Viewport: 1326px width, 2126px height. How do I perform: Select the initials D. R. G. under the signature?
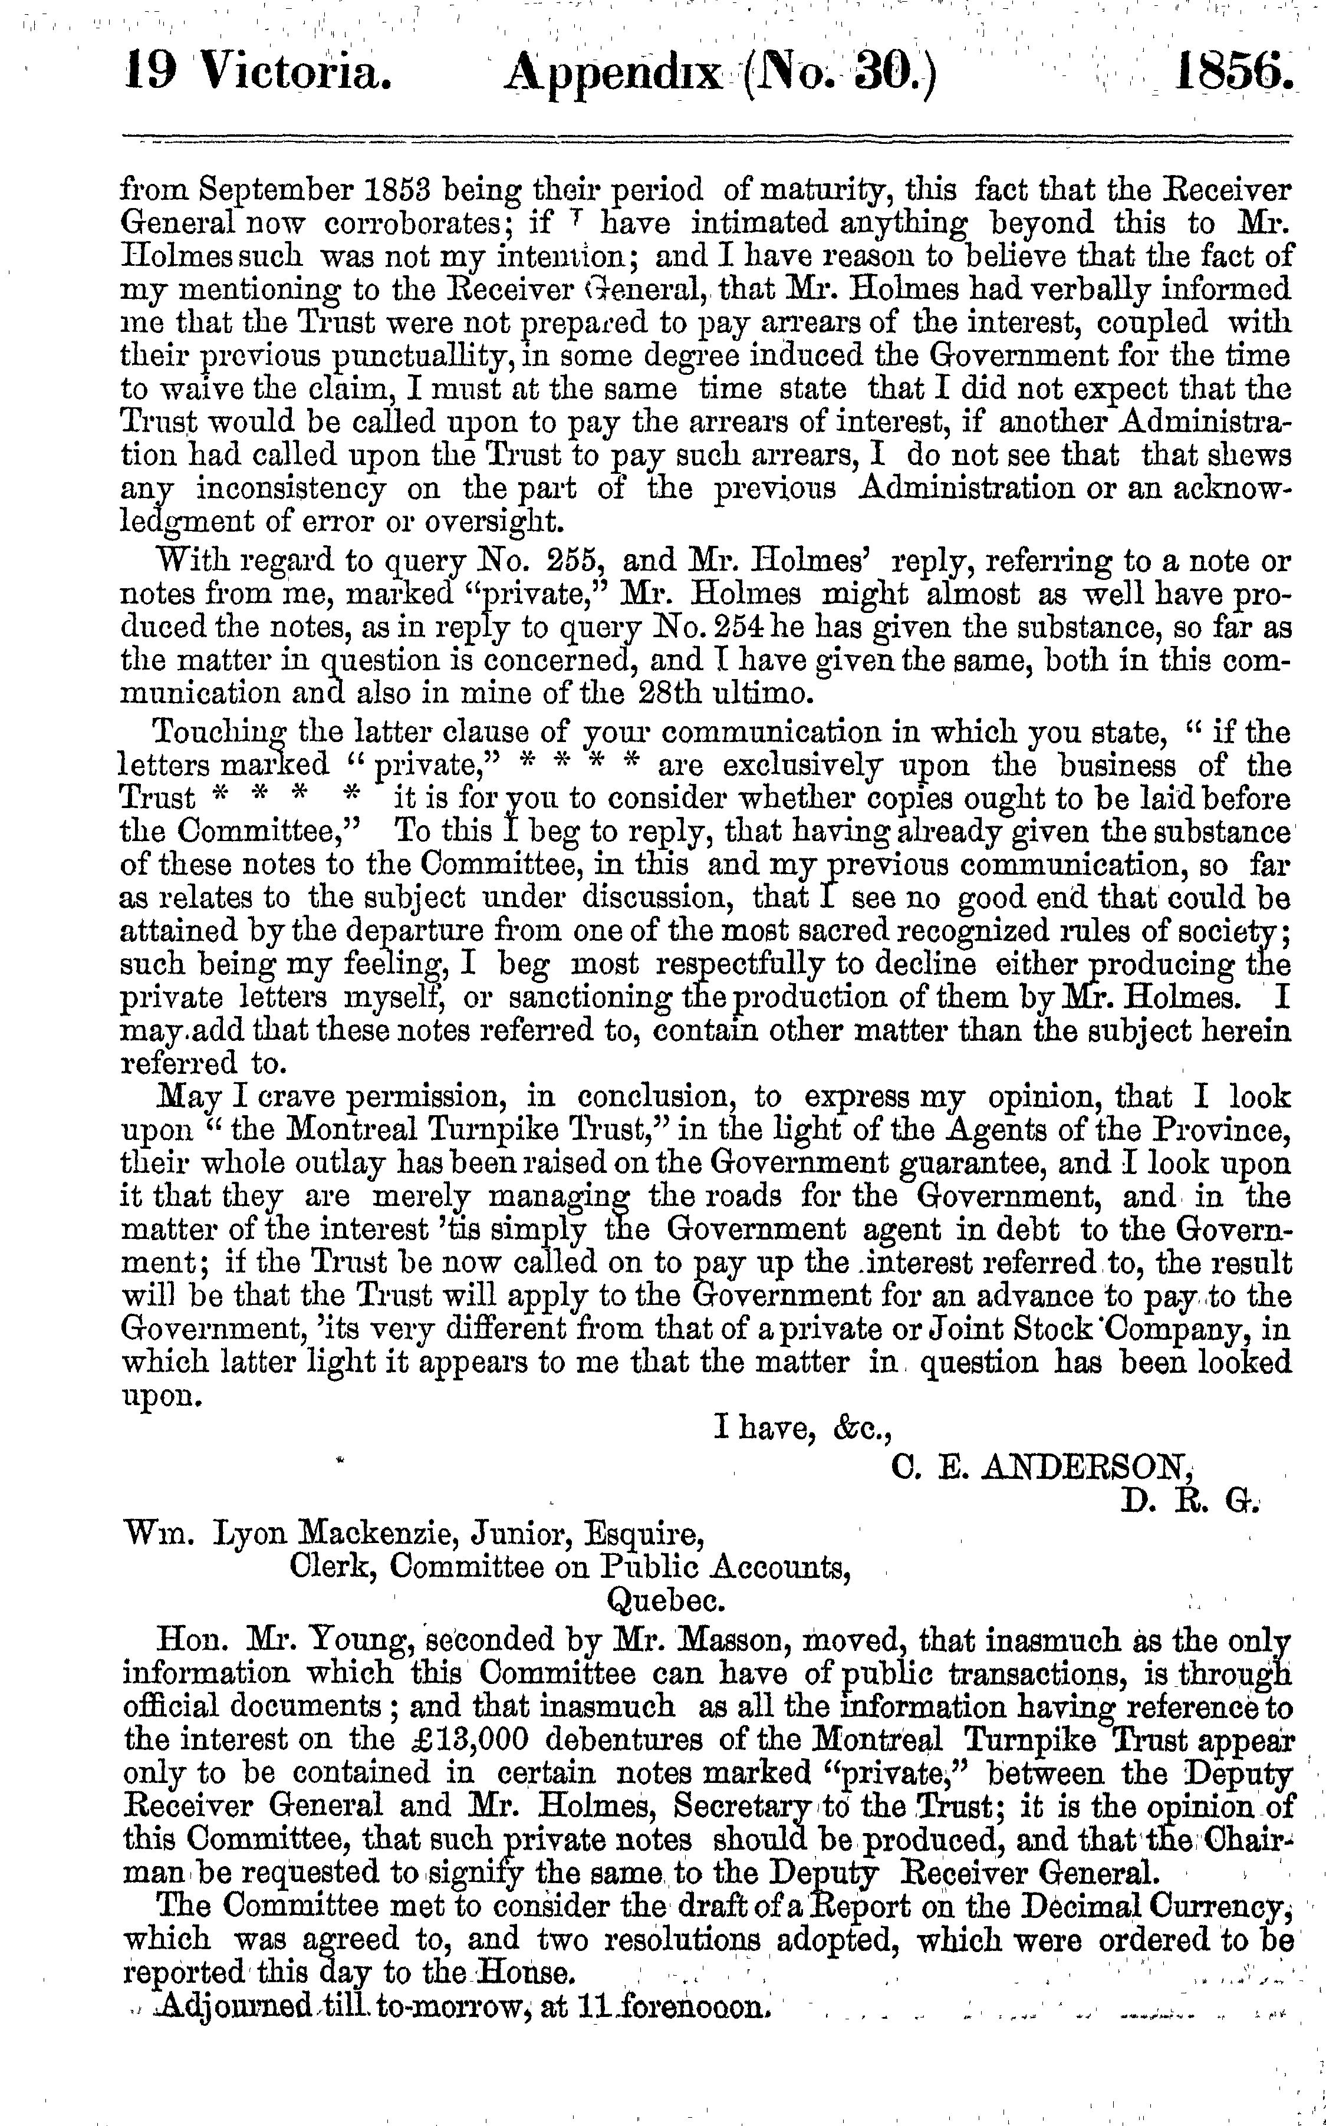click(1189, 1500)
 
